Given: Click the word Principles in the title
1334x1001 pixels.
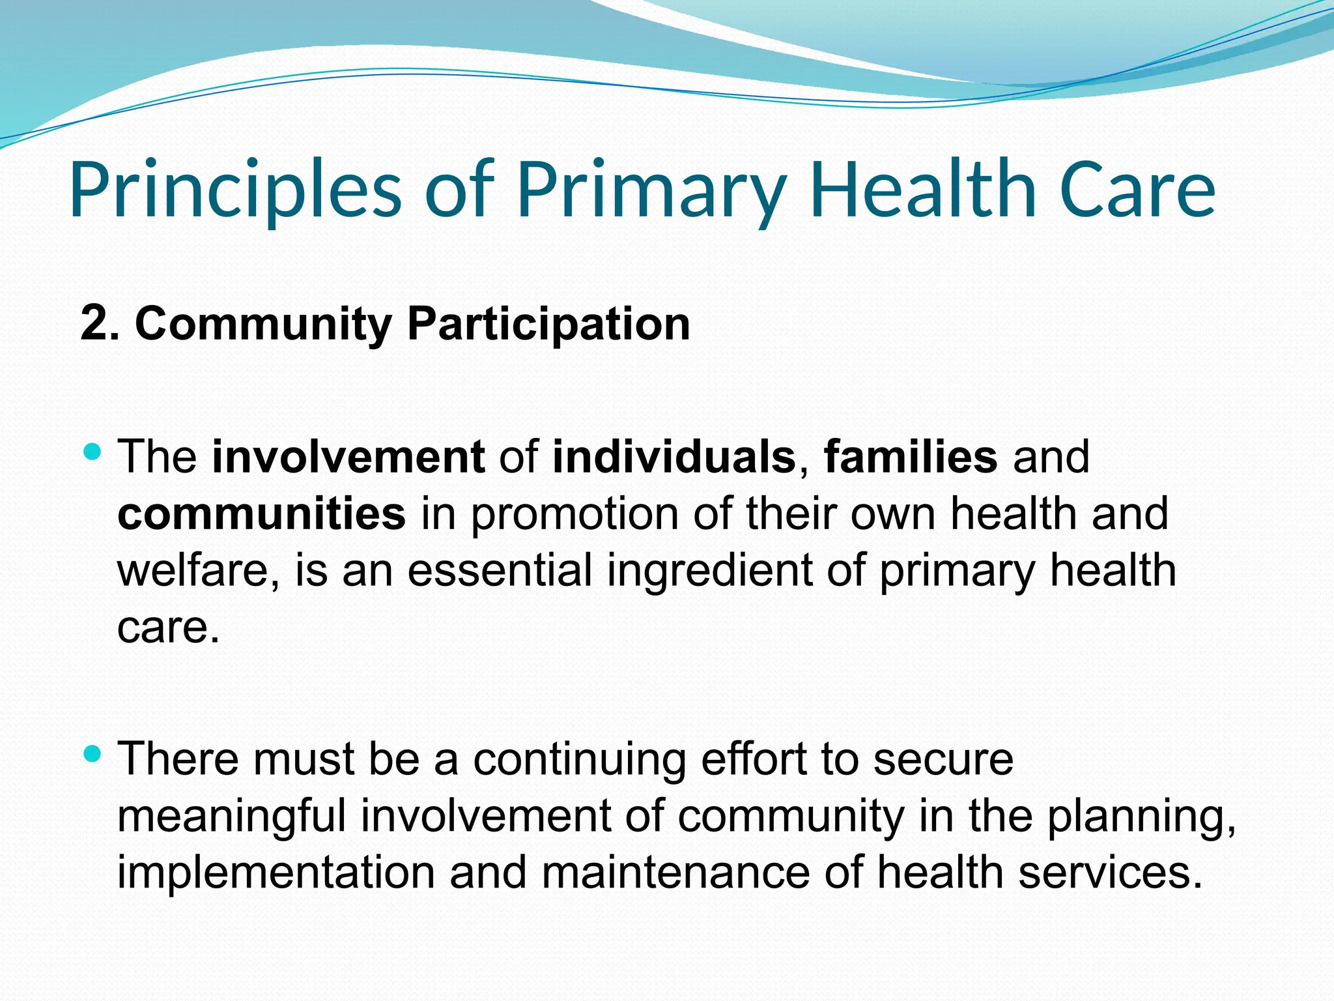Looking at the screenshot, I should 234,190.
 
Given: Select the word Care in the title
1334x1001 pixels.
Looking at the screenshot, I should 1137,190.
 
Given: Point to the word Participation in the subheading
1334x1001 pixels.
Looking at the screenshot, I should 548,325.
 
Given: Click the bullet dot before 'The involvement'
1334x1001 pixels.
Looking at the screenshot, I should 93,451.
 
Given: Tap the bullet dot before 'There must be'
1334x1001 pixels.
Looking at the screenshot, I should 93,754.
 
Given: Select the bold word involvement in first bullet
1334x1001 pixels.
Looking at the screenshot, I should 348,456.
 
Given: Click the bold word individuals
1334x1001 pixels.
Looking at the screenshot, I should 674,456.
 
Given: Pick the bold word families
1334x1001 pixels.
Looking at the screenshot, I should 911,456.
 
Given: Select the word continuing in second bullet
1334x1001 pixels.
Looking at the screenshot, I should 579,759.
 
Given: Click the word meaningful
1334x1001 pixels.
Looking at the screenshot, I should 231,816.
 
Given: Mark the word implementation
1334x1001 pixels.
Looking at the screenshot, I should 276,873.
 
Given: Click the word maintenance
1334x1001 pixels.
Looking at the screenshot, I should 675,873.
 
